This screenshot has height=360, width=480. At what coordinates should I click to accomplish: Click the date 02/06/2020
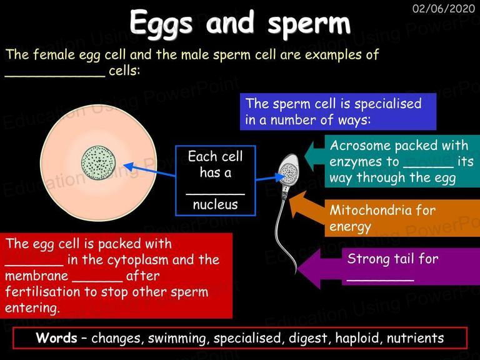[x=444, y=8]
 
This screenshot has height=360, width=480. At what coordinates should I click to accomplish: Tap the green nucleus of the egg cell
[x=99, y=163]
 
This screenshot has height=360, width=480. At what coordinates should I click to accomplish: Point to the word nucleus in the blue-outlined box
[x=215, y=204]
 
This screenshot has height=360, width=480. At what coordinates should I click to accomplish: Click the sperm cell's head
[x=288, y=170]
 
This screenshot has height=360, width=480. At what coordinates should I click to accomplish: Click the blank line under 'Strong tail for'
[x=380, y=280]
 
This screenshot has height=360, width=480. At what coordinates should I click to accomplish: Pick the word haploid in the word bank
[x=357, y=338]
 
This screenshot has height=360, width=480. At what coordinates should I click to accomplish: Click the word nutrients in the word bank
[x=415, y=338]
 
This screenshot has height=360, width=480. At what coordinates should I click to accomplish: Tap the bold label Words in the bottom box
[x=57, y=338]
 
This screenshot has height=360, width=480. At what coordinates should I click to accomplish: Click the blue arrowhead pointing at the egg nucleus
[x=129, y=167]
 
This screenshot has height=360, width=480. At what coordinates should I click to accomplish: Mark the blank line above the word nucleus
[x=215, y=194]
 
